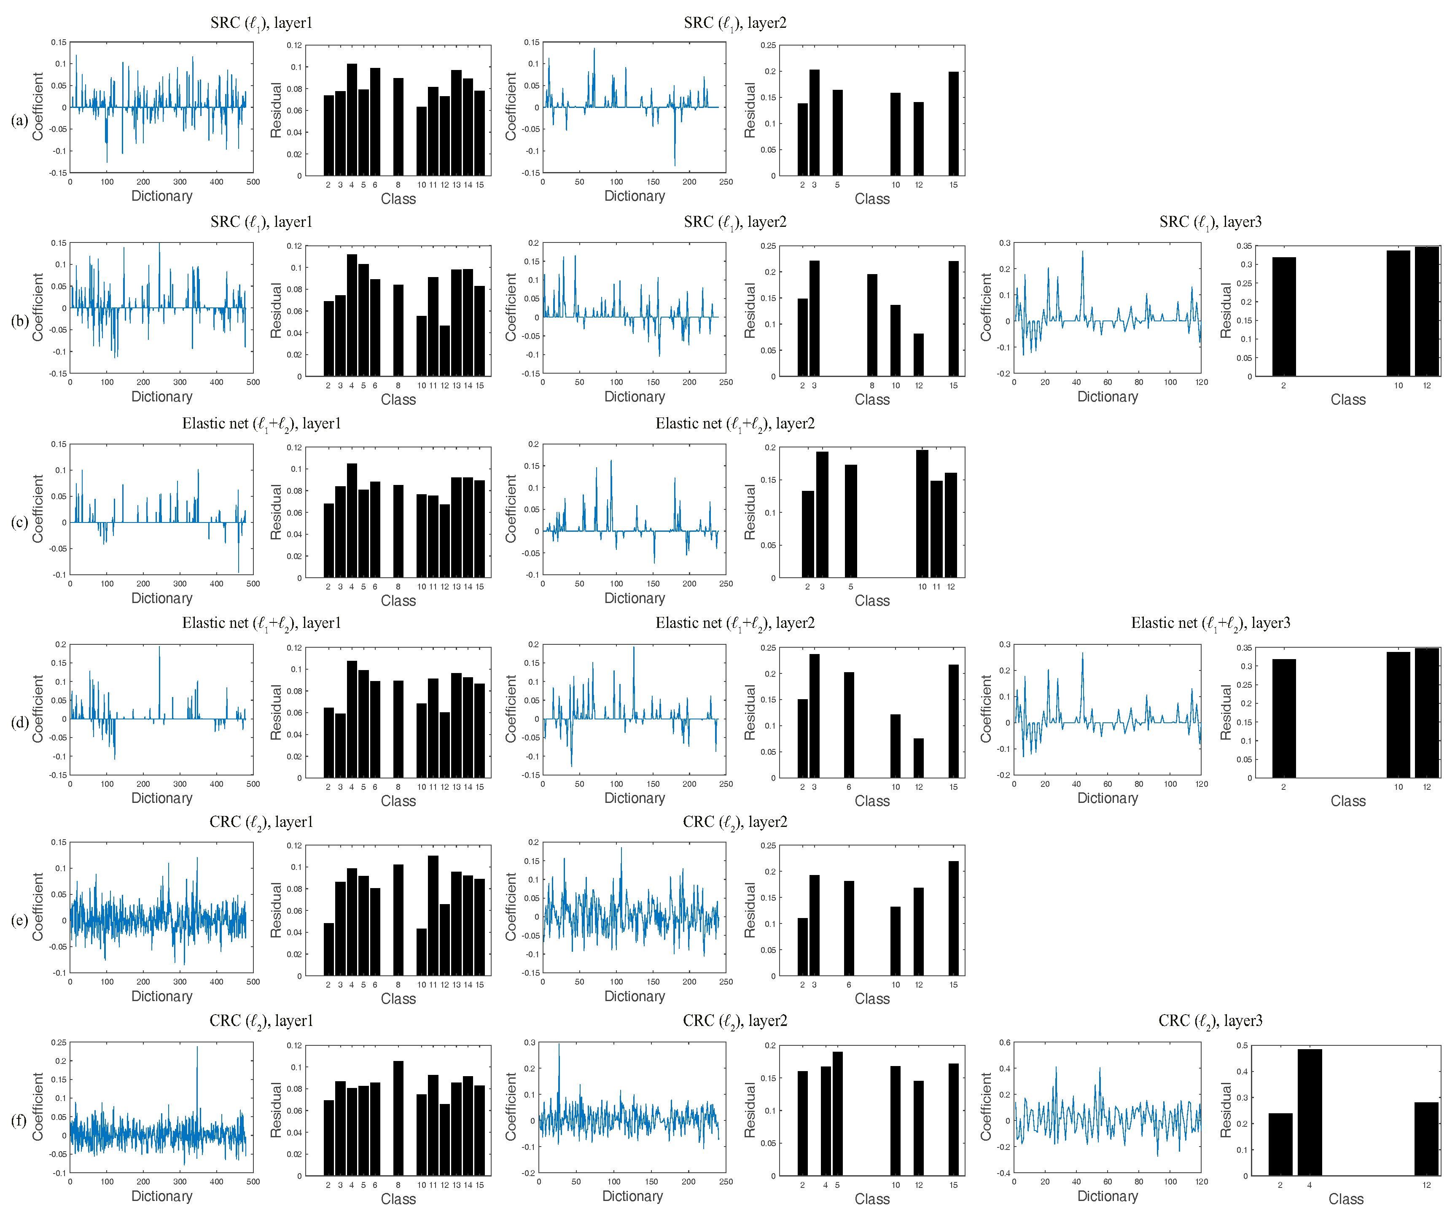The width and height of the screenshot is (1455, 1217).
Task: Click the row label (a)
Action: tap(19, 121)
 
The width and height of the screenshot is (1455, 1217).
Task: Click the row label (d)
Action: tap(19, 722)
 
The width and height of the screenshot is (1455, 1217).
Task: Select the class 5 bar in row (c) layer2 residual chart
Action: tap(851, 520)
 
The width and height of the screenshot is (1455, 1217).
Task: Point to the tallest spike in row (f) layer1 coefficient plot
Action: tap(197, 1048)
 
